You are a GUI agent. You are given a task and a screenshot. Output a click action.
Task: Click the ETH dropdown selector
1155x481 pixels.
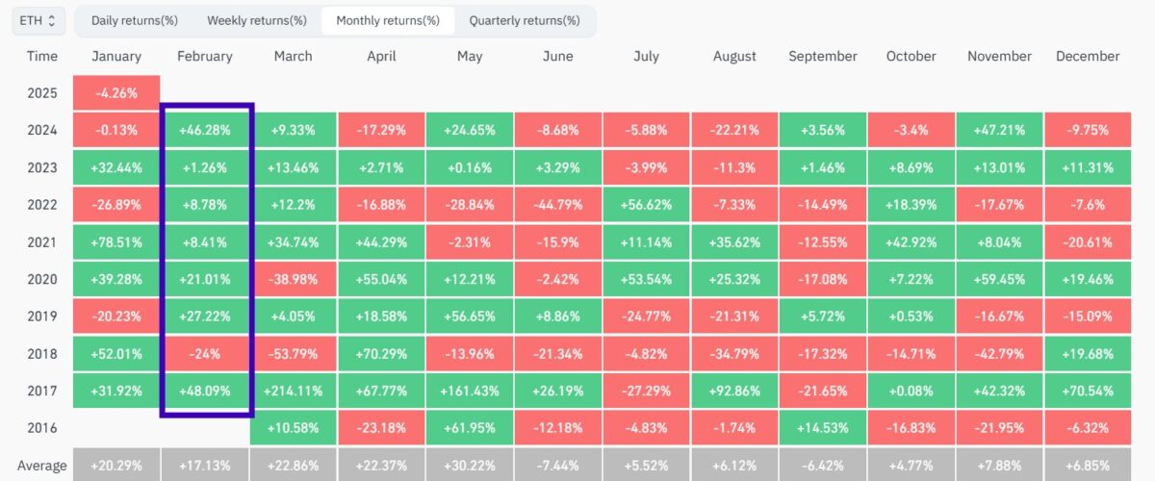pos(38,20)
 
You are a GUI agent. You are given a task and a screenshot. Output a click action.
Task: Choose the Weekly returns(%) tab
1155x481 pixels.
pos(257,20)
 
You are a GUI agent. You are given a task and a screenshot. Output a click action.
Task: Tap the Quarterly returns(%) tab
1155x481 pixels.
pos(525,20)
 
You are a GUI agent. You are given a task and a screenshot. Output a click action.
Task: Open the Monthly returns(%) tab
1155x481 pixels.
pos(388,20)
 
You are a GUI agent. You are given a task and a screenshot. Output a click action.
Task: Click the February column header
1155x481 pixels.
pos(205,56)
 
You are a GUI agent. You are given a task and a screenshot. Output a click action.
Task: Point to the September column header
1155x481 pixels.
pos(823,56)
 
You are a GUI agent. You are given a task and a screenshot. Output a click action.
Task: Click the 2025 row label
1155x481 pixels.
pos(42,93)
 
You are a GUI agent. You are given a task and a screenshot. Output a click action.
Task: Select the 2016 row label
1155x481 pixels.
pos(42,428)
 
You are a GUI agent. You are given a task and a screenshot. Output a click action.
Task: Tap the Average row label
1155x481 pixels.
pos(42,466)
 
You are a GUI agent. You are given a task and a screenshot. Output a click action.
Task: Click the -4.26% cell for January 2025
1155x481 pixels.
pos(116,93)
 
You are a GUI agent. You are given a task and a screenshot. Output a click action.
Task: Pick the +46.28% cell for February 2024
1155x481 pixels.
pos(205,131)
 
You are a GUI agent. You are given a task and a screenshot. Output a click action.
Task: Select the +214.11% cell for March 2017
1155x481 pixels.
pos(294,391)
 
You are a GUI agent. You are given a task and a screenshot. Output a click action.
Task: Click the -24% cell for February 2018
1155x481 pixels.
pos(205,353)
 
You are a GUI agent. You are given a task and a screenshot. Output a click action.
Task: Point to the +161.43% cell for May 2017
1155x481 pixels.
pos(470,391)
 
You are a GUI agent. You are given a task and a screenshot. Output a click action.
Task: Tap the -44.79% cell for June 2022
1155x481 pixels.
pos(558,205)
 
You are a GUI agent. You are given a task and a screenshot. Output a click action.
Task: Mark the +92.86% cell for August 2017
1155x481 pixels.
pos(735,391)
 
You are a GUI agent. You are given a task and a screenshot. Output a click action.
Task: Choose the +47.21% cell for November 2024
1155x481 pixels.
pos(1000,131)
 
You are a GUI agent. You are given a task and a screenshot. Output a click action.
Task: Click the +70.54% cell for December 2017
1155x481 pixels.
pos(1088,391)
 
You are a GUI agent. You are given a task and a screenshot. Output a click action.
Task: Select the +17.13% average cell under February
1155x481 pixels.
pos(205,466)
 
